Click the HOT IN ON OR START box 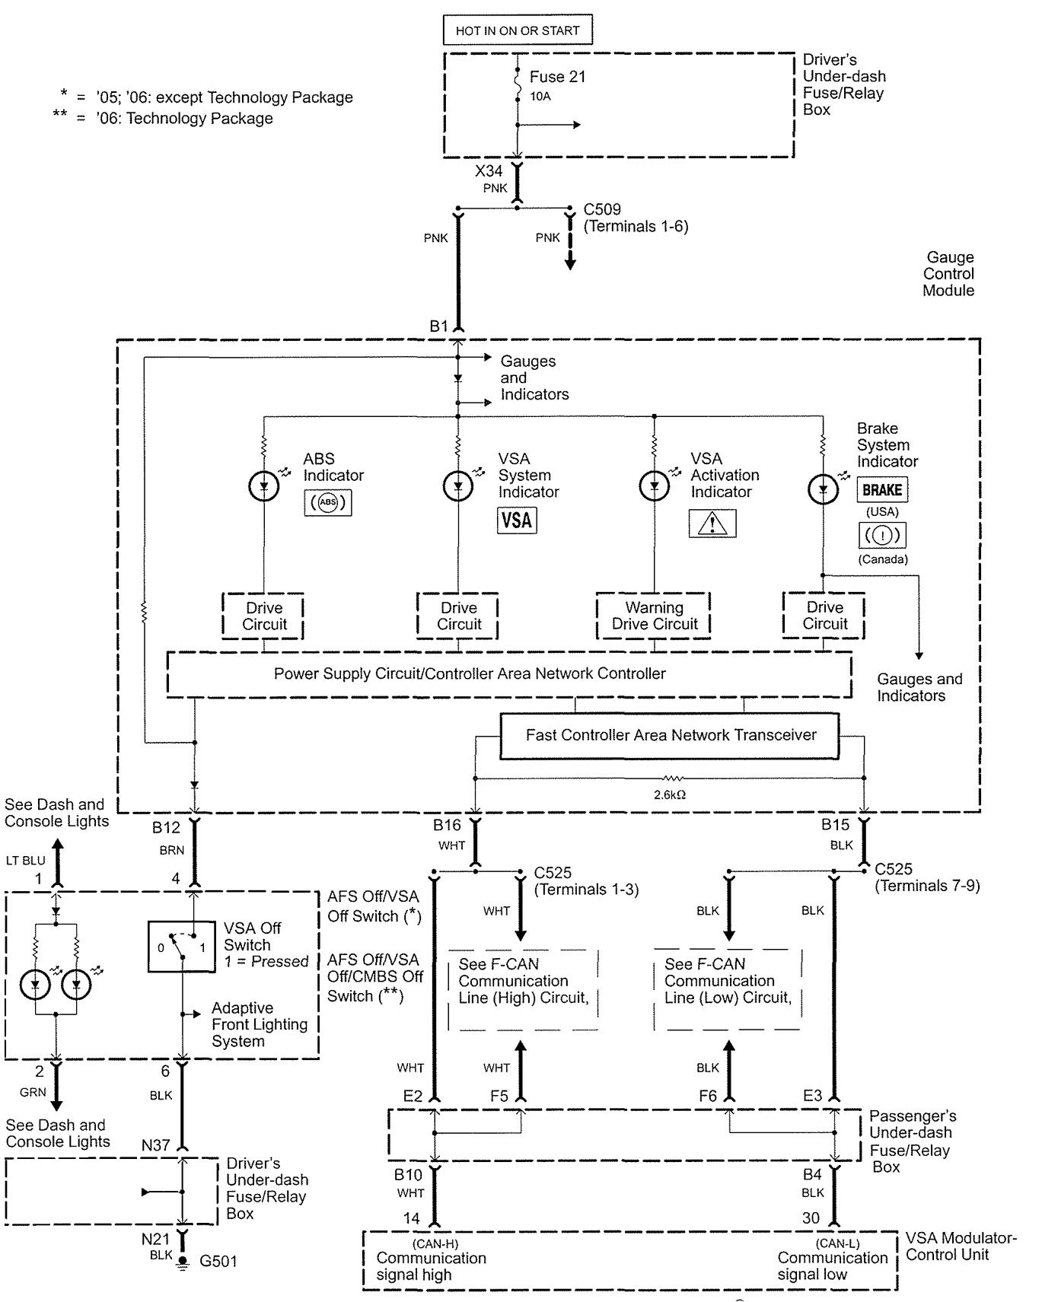[x=518, y=30]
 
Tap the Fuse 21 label [x=557, y=77]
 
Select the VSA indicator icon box [x=517, y=520]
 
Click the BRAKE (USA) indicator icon [x=882, y=490]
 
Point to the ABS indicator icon [x=327, y=503]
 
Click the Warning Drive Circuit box [x=654, y=616]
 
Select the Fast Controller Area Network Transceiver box [x=670, y=735]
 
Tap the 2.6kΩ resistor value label [x=670, y=795]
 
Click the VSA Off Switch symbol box [x=181, y=947]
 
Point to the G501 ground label [x=218, y=1261]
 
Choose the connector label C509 [x=602, y=209]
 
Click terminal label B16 [x=447, y=825]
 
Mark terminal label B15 [x=835, y=825]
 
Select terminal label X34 [x=489, y=171]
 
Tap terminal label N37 [x=155, y=1145]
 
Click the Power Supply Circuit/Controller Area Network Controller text [x=470, y=673]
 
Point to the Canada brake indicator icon [x=882, y=536]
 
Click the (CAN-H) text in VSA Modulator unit [x=435, y=1243]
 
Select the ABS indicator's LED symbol [x=264, y=485]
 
